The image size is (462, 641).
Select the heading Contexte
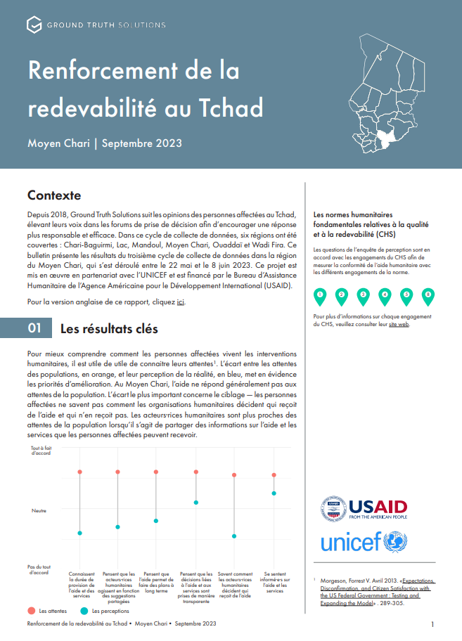pos(54,195)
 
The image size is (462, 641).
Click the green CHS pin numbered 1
pos(320,296)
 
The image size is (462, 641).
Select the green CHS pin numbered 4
pos(384,296)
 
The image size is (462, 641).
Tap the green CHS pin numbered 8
pos(427,296)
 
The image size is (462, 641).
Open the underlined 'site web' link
pos(399,324)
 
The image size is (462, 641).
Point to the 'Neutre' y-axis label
pos(39,510)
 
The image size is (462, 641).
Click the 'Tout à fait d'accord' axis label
pos(41,451)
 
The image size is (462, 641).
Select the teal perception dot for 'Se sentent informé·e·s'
pos(274,493)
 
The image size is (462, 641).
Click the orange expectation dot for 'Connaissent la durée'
pos(80,472)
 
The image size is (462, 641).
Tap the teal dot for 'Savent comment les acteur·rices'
pos(234,536)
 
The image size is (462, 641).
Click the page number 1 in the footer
pos(432,623)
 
